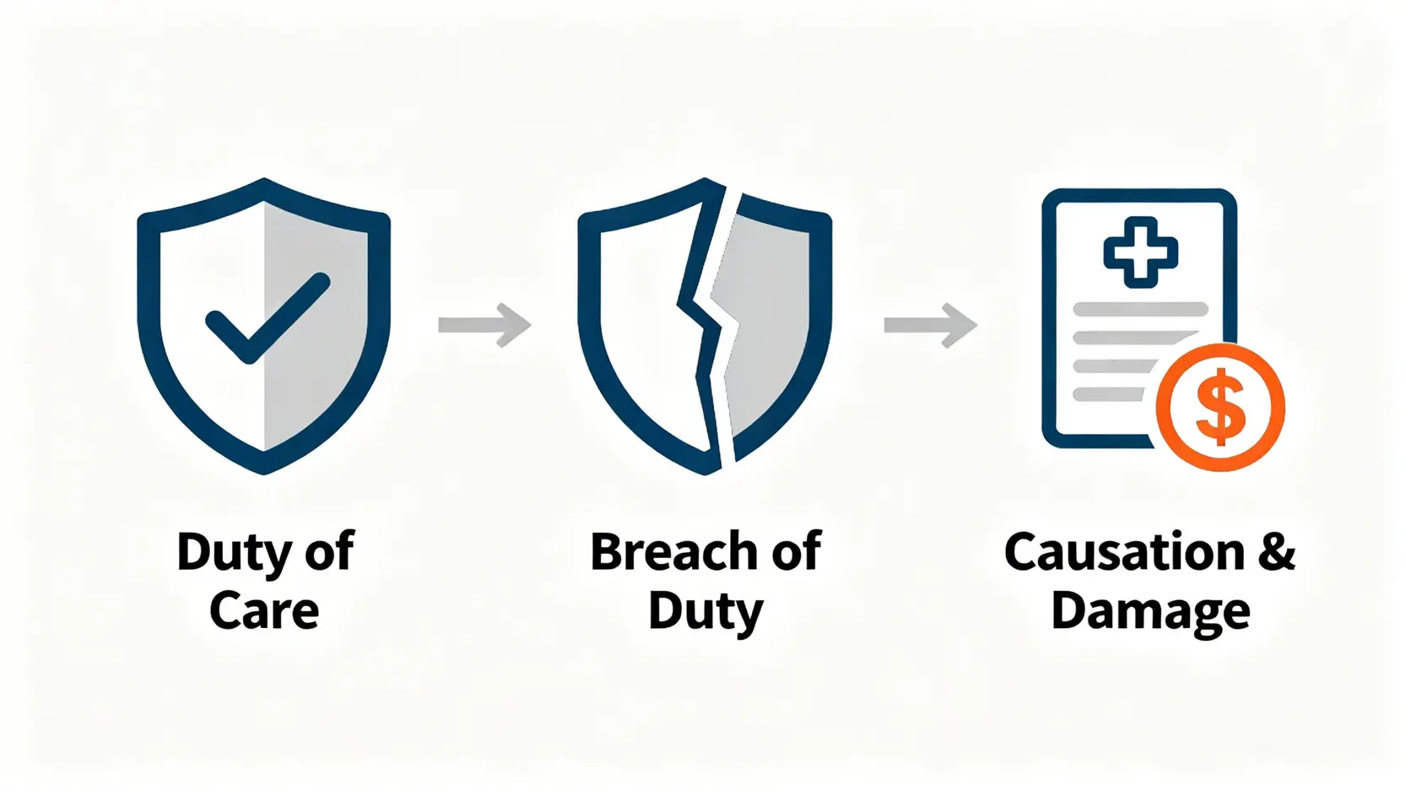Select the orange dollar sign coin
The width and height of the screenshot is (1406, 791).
pyautogui.click(x=1220, y=407)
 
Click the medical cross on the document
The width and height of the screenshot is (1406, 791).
pyautogui.click(x=1140, y=252)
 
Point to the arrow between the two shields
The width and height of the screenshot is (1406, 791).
pyautogui.click(x=484, y=325)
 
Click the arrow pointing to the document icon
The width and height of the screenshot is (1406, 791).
pyautogui.click(x=930, y=325)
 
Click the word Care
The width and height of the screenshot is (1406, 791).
pyautogui.click(x=264, y=610)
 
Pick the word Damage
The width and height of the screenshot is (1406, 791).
pyautogui.click(x=1150, y=612)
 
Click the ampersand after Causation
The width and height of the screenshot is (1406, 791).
pyautogui.click(x=1276, y=552)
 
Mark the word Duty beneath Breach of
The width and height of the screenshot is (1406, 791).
pyautogui.click(x=706, y=612)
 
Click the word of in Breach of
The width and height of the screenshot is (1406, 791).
pyautogui.click(x=796, y=552)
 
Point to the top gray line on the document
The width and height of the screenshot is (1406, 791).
pyautogui.click(x=1139, y=309)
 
